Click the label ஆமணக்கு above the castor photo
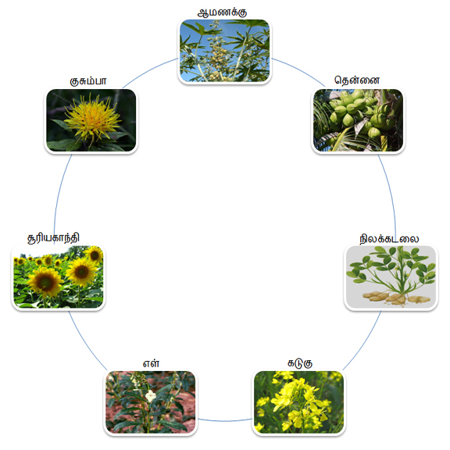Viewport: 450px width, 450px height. [x=222, y=12]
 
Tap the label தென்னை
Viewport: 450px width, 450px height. [x=357, y=80]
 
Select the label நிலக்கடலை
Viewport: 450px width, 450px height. [x=389, y=238]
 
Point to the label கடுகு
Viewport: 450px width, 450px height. [x=300, y=363]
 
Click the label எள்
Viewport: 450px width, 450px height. [x=151, y=363]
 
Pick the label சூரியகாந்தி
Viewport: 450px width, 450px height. [x=53, y=238]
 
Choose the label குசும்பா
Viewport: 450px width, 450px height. [x=88, y=81]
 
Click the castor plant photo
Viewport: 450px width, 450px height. [x=224, y=51]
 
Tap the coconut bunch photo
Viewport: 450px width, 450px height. [x=358, y=120]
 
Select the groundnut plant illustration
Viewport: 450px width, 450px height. [x=391, y=277]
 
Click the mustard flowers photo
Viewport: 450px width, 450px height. [x=298, y=402]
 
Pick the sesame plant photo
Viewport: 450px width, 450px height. [x=150, y=402]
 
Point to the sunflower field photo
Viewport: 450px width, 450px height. [x=59, y=277]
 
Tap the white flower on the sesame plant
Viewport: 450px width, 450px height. [x=150, y=396]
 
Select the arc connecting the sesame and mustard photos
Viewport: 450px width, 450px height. [x=225, y=421]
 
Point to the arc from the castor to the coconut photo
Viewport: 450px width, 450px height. [x=299, y=70]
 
